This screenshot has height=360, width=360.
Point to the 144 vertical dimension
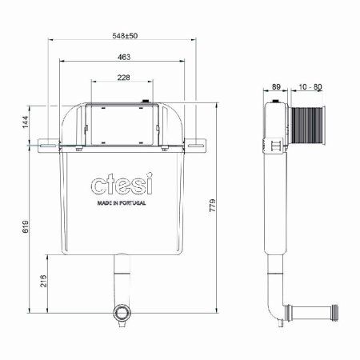(26, 122)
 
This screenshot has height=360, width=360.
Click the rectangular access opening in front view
(121, 125)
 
